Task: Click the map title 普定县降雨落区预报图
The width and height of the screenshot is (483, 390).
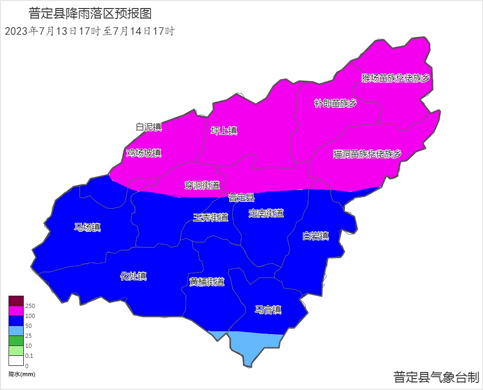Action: coord(90,13)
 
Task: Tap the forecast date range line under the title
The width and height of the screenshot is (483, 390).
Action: coord(90,32)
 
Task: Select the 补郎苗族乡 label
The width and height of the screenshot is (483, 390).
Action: coord(335,103)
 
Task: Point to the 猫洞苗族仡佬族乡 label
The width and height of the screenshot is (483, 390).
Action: coord(367,154)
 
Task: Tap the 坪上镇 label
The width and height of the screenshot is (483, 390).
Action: coord(224,131)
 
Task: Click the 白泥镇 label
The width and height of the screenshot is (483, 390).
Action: coord(149,127)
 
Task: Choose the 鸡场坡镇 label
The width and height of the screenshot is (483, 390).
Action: coord(144,153)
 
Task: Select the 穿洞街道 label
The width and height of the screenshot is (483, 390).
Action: coord(202,185)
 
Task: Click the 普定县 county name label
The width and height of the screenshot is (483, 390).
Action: coord(241,197)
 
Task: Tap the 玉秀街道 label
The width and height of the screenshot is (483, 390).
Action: coord(211,218)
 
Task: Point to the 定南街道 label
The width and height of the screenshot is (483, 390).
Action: coord(266,213)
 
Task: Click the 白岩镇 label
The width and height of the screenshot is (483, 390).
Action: coord(316,236)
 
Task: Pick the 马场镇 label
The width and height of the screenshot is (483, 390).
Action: coord(88,227)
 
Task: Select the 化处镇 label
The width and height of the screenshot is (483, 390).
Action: coord(133,276)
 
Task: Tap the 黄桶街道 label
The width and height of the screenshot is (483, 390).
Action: coord(206,281)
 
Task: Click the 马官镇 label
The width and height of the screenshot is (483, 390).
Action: coord(268,310)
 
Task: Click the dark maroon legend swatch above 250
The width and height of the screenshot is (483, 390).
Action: coord(16,301)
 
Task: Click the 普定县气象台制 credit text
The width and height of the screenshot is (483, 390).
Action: coord(436,377)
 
